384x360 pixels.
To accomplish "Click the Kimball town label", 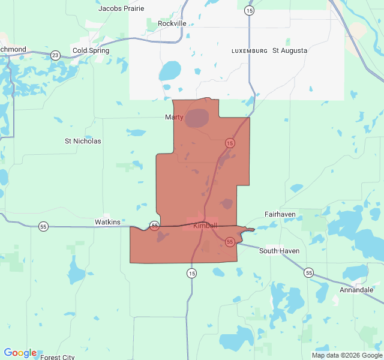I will tap(205, 226).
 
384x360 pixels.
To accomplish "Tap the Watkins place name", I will tap(108, 222).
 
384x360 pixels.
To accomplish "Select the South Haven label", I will tap(279, 251).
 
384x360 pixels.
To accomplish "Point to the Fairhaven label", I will tap(280, 214).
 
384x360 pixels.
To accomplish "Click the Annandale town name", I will tap(356, 290).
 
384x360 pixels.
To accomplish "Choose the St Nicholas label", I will tap(83, 141).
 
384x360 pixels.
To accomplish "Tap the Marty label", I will tap(174, 117).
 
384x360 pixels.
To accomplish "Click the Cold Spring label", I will tap(91, 50).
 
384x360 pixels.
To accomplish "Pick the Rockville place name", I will tap(172, 23).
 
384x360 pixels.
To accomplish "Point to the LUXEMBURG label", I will tap(250, 51).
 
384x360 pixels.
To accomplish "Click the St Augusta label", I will tap(290, 50).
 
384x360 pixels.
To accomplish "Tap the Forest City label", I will tap(58, 357).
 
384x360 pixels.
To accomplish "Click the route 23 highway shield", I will tap(55, 55).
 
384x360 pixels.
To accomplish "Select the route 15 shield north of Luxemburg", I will tap(250, 11).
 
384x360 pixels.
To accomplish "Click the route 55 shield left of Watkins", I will tap(43, 226).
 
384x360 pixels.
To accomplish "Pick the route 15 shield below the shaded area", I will tap(191, 273).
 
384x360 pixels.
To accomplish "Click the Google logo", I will tap(20, 353).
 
